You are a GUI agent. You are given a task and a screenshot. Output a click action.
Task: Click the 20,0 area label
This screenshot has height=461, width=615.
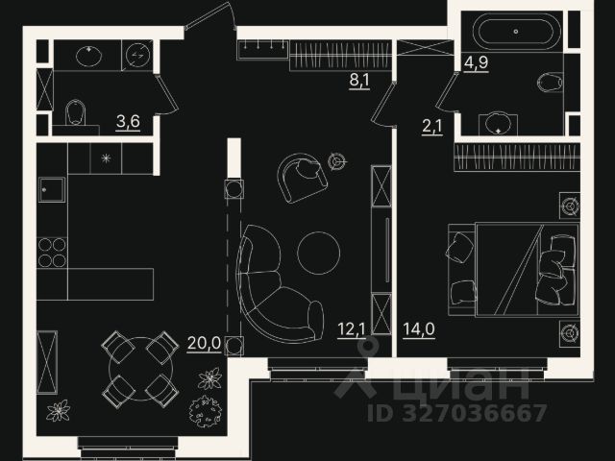tap(204, 342)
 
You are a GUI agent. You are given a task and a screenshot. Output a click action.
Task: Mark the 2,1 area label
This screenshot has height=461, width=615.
tap(431, 124)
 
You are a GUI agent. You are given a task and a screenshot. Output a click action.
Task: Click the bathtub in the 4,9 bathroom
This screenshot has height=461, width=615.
tap(514, 32)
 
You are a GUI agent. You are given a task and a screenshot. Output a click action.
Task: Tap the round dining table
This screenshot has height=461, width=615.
tap(140, 367)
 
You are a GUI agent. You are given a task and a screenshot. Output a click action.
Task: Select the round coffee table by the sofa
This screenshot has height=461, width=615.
tap(318, 252)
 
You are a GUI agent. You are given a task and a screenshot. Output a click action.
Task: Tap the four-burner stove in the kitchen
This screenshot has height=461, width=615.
tap(52, 252)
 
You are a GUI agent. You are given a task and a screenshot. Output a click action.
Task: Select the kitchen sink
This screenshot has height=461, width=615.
tap(52, 189)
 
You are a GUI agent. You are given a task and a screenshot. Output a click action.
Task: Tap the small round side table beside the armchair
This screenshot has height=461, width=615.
tap(336, 161)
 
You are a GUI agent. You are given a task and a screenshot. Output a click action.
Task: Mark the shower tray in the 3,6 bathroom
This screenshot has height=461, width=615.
tap(136, 55)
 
